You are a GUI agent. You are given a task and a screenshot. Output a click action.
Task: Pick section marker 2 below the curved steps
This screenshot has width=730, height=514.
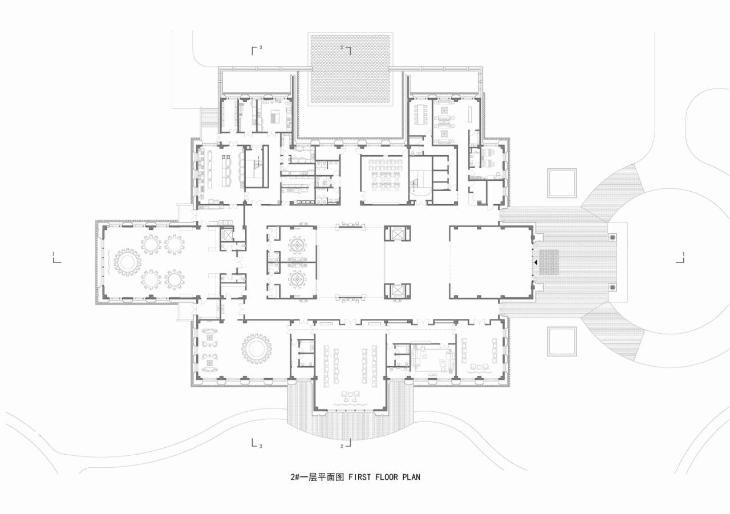point(346,444)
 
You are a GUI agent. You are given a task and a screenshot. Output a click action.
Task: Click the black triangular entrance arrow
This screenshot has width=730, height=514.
point(536,262)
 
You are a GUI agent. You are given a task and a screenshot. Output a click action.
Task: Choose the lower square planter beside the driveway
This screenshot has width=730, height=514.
point(562,341)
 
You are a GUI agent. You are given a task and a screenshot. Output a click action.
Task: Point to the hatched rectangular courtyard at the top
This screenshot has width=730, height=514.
point(350,70)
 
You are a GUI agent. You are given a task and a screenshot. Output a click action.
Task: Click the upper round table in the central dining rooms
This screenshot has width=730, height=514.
point(297,245)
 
